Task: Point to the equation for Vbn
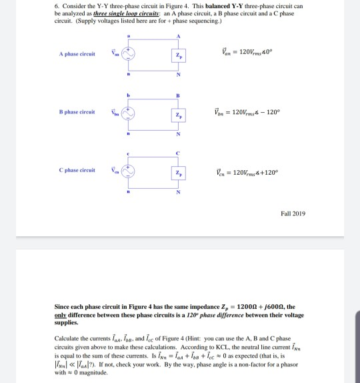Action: pyautogui.click(x=253, y=113)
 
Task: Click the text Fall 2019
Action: pyautogui.click(x=293, y=213)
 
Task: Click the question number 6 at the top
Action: pyautogui.click(x=56, y=7)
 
